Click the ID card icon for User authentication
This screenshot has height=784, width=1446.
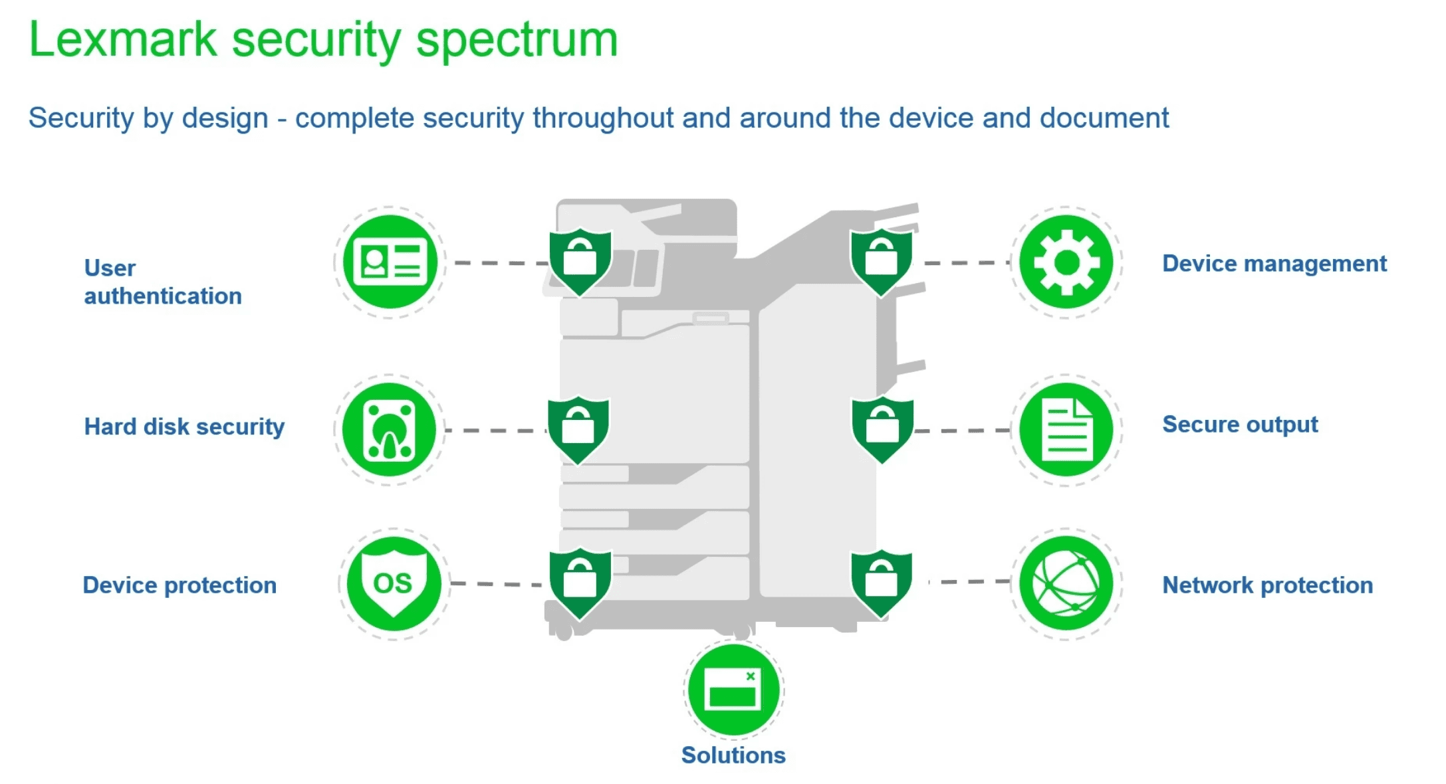click(x=390, y=262)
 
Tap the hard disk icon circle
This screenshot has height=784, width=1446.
click(x=390, y=430)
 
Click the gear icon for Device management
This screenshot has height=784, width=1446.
click(x=1066, y=262)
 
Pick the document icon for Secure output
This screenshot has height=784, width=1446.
click(x=1066, y=430)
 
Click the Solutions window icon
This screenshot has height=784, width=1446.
click(x=733, y=689)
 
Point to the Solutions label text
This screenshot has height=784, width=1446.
click(x=733, y=755)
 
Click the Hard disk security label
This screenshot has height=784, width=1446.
click(x=184, y=427)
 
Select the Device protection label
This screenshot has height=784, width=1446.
click(x=180, y=585)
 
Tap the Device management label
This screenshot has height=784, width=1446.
click(x=1274, y=264)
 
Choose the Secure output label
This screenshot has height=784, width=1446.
click(x=1240, y=425)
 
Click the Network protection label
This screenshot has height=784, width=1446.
click(x=1267, y=585)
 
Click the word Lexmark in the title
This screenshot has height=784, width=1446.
click(x=124, y=40)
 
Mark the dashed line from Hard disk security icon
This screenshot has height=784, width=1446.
click(x=496, y=431)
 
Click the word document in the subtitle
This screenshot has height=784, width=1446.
click(x=1104, y=118)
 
